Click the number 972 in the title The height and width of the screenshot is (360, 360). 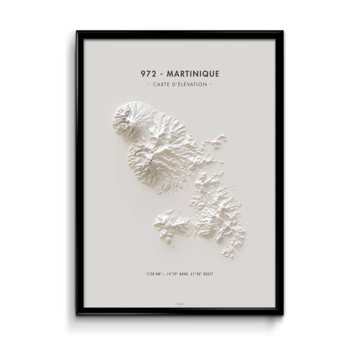point(149,74)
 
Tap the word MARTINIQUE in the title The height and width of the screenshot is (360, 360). point(194,74)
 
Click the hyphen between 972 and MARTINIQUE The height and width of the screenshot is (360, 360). point(161,74)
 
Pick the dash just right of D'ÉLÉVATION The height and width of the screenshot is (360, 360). point(210,84)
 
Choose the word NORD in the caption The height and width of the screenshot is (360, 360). point(186,273)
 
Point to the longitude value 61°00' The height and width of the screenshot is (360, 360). point(198,273)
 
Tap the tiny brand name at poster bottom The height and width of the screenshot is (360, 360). point(179,302)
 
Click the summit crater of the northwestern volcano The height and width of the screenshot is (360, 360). point(128,114)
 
